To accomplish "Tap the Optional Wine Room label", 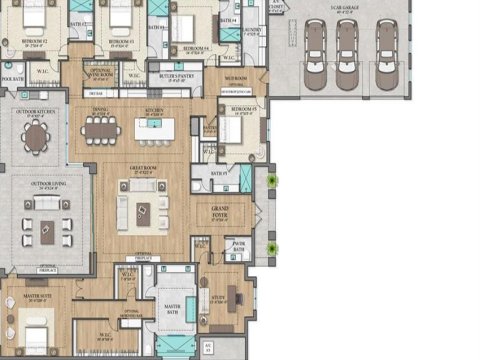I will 99,73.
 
